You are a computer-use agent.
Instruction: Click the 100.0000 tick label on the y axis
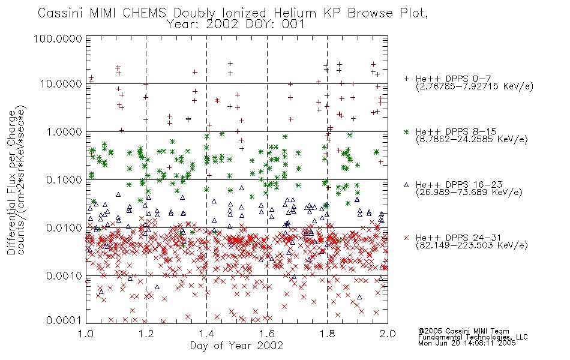(58, 38)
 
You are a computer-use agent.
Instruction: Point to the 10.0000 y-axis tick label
(61, 84)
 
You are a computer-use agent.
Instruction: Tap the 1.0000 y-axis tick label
(64, 131)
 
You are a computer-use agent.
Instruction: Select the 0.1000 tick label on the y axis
(64, 179)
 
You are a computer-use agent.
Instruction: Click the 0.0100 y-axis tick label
(64, 228)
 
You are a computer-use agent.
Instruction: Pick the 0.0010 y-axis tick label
(64, 276)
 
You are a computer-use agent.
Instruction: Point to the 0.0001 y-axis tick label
(64, 320)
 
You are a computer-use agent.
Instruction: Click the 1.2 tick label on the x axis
(146, 334)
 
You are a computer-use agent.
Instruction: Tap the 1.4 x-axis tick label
(206, 334)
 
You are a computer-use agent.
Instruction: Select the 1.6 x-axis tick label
(267, 334)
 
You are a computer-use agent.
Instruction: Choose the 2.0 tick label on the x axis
(388, 334)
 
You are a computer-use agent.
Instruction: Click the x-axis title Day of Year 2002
(236, 346)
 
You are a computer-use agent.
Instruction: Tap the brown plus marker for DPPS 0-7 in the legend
(406, 79)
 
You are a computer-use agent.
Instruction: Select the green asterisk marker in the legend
(406, 131)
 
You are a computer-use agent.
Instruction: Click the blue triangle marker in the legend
(406, 185)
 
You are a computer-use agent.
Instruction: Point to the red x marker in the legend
(406, 238)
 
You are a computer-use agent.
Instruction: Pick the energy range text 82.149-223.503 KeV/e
(472, 245)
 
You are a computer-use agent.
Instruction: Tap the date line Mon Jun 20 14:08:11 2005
(467, 343)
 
